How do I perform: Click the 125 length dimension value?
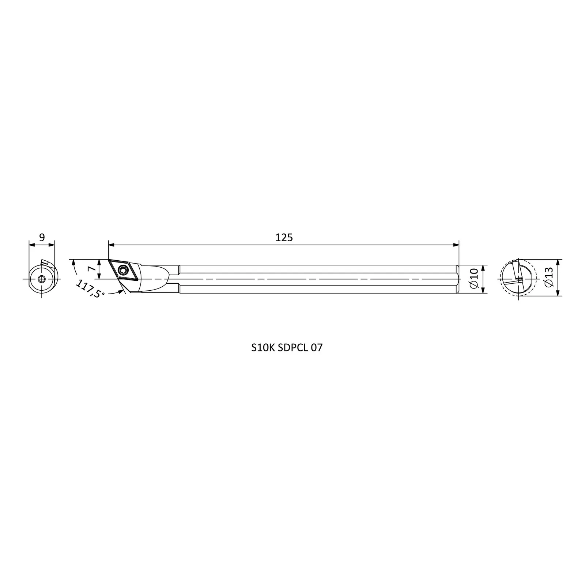point(284,238)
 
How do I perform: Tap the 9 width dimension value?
point(42,238)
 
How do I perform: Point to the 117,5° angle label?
point(90,289)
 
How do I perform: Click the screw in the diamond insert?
point(122,271)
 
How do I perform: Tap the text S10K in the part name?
point(263,348)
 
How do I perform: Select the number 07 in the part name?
point(317,348)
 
